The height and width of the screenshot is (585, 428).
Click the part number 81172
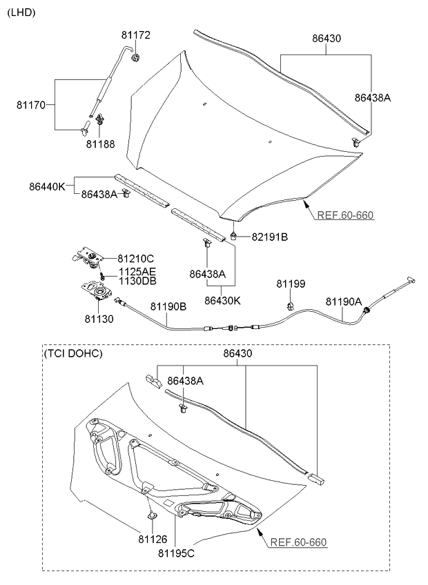136,34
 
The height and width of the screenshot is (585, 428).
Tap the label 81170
31,106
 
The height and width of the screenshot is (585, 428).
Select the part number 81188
100,144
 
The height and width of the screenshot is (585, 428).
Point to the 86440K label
47,186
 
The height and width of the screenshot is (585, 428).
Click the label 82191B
269,237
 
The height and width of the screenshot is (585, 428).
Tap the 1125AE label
137,272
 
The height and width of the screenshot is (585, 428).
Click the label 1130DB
137,281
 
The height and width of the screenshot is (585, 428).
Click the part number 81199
291,284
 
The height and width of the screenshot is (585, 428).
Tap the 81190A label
344,301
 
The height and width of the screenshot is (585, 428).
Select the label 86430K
222,300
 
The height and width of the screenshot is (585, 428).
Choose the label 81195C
176,553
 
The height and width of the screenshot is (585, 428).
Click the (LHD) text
21,12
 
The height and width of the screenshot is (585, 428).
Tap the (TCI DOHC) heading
73,353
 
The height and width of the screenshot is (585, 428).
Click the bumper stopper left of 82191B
235,236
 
